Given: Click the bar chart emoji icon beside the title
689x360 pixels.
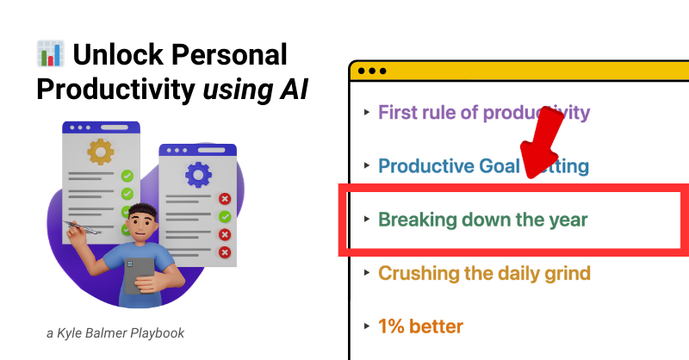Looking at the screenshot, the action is click(x=51, y=53).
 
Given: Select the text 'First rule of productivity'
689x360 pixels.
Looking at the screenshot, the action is click(x=484, y=113).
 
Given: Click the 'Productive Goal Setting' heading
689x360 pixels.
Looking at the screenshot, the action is click(x=483, y=166).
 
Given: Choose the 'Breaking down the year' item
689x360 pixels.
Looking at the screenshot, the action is click(x=482, y=220).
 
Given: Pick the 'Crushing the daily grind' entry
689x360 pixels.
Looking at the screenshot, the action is click(x=484, y=273).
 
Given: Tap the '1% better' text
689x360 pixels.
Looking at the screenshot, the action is click(x=420, y=326).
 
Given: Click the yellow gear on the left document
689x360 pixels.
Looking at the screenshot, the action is click(x=101, y=152).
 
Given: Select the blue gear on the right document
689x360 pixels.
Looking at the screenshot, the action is click(x=198, y=175).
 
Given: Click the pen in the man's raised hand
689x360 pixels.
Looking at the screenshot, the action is click(x=82, y=227).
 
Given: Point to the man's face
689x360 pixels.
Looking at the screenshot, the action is click(x=143, y=226).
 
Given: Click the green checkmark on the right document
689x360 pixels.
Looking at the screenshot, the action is click(x=225, y=216).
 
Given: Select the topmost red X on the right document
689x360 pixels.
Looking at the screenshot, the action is click(x=225, y=199).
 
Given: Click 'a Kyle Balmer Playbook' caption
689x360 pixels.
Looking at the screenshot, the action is click(x=115, y=333).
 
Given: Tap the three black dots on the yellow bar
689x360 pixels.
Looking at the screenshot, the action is click(x=372, y=71).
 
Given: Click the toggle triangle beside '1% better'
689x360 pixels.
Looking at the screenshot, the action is click(x=367, y=326).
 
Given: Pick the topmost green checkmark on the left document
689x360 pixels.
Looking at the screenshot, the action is click(x=127, y=176).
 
